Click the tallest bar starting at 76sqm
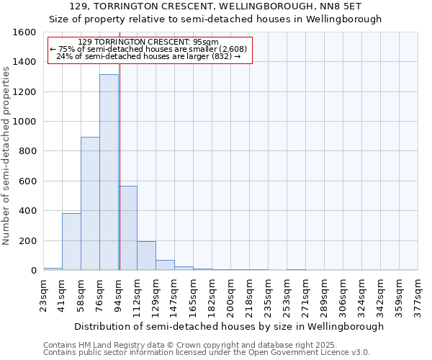coord(109,173)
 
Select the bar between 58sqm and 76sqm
coord(90,204)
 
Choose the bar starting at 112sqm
coord(146,256)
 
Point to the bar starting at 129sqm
coord(165,265)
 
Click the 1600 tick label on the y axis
coord(25,32)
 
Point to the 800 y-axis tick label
coord(28,151)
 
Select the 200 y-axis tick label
coord(28,240)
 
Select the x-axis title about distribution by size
coord(230,326)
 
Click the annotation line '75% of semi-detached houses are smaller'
coord(150,49)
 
